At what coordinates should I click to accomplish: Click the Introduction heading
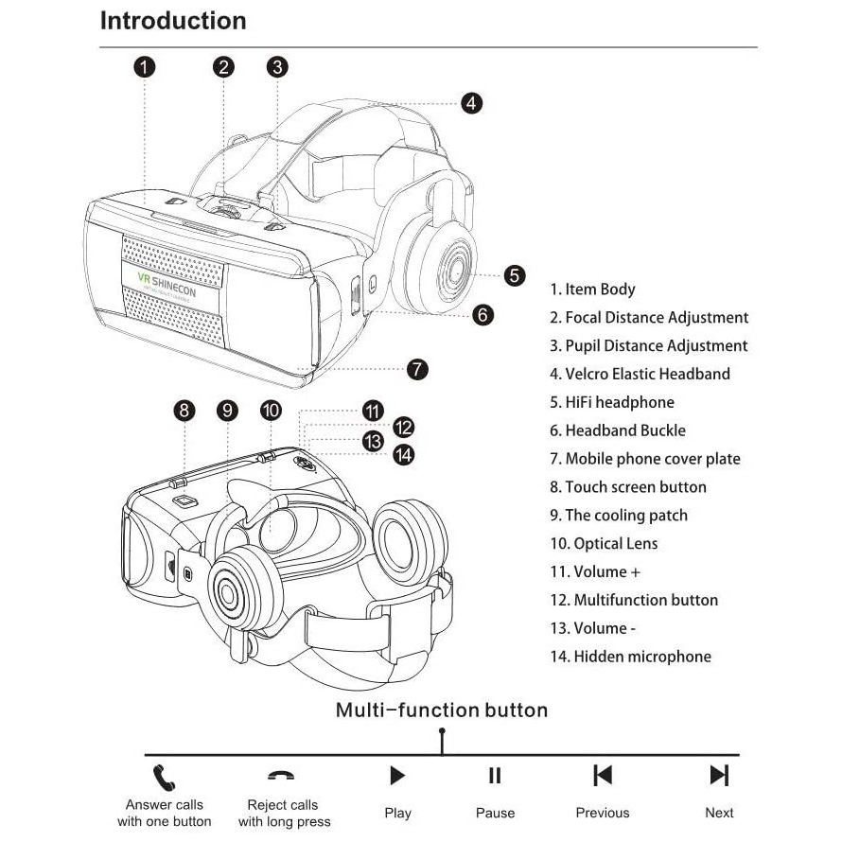point(173,21)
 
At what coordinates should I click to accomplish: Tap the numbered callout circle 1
point(144,66)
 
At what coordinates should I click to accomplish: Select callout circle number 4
point(471,103)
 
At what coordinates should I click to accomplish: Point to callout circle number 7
point(417,369)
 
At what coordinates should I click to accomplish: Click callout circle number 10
point(271,410)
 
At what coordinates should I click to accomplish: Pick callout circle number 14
point(404,455)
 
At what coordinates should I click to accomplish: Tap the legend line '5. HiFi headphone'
point(611,402)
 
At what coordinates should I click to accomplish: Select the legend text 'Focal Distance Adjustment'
point(657,318)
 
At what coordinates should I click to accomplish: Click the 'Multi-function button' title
point(442,710)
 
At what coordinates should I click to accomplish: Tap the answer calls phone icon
point(165,778)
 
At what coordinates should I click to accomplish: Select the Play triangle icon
point(397,776)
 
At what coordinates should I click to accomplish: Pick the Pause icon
point(495,776)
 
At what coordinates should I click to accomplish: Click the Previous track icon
point(603,776)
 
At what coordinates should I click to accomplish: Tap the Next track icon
point(719,776)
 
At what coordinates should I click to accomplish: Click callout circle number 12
point(404,426)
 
